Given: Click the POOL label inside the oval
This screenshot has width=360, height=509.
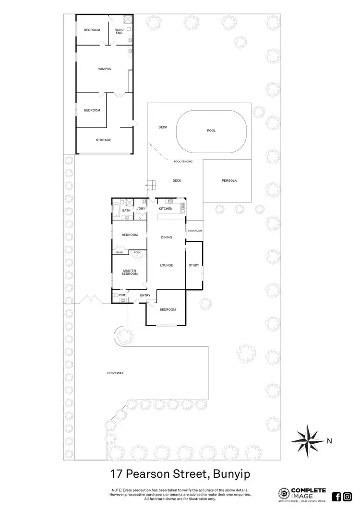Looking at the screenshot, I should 211,130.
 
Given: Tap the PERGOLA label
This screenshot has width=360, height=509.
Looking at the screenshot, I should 229,181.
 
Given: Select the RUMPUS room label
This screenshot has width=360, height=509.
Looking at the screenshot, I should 104,69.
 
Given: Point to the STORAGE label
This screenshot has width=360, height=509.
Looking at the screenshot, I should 104,140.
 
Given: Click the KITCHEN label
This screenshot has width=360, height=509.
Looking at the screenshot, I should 166,209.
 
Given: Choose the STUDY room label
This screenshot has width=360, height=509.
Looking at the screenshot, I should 194,265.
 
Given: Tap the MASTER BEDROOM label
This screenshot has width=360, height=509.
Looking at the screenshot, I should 130,272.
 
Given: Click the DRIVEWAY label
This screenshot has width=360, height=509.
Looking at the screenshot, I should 116,373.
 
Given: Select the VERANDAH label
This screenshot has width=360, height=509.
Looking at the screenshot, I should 194,231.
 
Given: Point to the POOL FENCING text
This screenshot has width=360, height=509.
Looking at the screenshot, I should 183,162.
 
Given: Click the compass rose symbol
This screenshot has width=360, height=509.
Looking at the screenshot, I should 308,438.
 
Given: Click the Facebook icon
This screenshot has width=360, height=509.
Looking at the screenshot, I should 336,497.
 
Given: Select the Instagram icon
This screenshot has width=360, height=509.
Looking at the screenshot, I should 348,497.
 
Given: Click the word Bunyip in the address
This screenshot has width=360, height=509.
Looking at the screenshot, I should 229,474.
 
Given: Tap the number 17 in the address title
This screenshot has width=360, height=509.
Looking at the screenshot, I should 115,474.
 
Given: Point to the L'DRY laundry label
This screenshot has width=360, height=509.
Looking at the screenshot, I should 141,209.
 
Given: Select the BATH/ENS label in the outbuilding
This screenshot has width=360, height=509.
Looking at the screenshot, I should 119,31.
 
